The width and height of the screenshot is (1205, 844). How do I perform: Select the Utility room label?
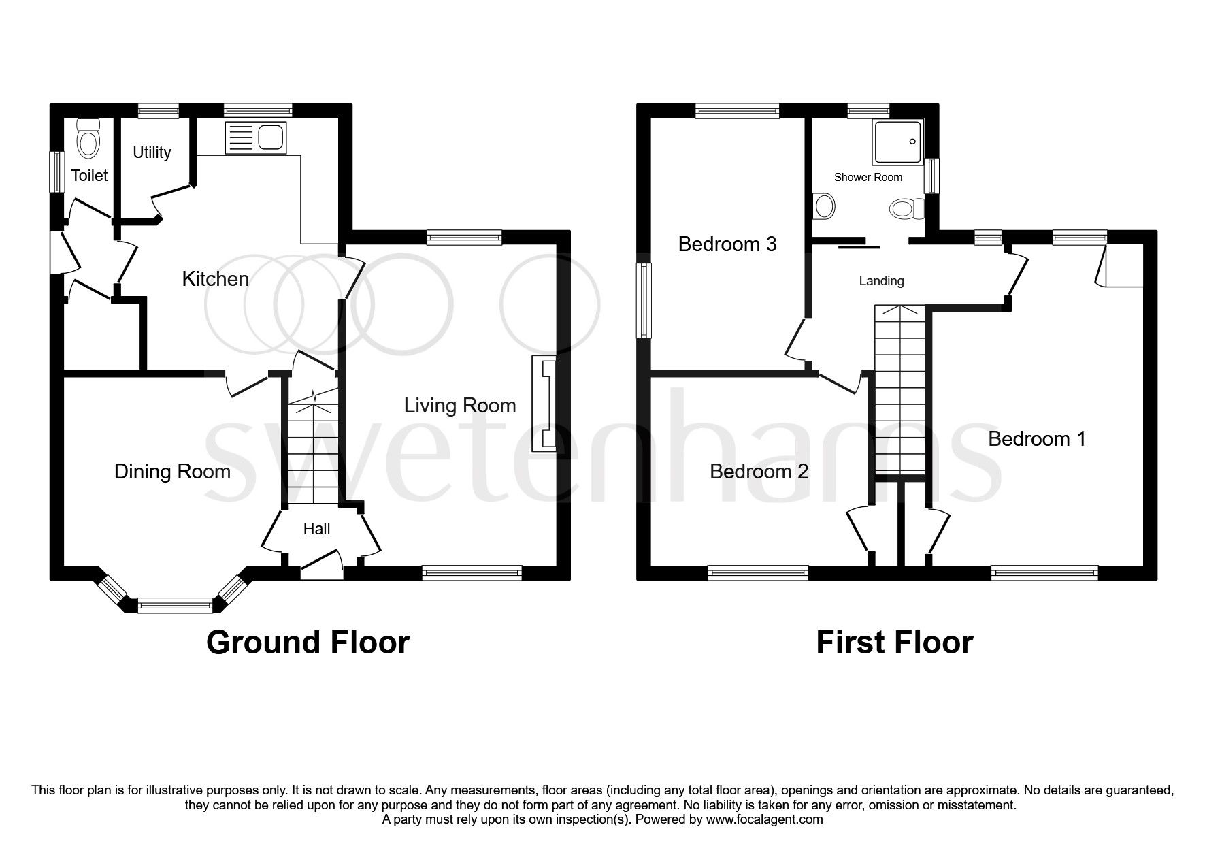pyautogui.click(x=152, y=152)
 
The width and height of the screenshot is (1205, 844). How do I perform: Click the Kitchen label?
pyautogui.click(x=215, y=279)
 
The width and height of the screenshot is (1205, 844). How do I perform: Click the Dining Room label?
pyautogui.click(x=172, y=472)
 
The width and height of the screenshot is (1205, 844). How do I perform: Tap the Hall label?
pyautogui.click(x=316, y=529)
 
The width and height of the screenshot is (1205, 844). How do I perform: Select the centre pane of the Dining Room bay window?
pyautogui.click(x=176, y=602)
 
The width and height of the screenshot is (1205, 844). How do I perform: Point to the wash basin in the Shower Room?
pyautogui.click(x=824, y=206)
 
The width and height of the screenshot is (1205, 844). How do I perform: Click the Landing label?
pyautogui.click(x=881, y=280)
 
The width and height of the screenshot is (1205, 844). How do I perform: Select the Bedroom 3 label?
pyautogui.click(x=727, y=244)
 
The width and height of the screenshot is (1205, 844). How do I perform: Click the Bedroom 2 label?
pyautogui.click(x=759, y=471)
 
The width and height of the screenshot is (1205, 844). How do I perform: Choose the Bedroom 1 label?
pyautogui.click(x=1036, y=439)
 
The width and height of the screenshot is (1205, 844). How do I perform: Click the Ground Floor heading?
pyautogui.click(x=308, y=642)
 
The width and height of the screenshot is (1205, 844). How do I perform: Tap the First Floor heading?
pyautogui.click(x=894, y=642)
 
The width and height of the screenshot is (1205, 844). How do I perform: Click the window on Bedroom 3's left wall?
pyautogui.click(x=644, y=300)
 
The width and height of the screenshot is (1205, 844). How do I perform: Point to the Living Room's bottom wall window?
pyautogui.click(x=472, y=572)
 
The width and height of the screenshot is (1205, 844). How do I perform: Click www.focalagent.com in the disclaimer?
pyautogui.click(x=764, y=819)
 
